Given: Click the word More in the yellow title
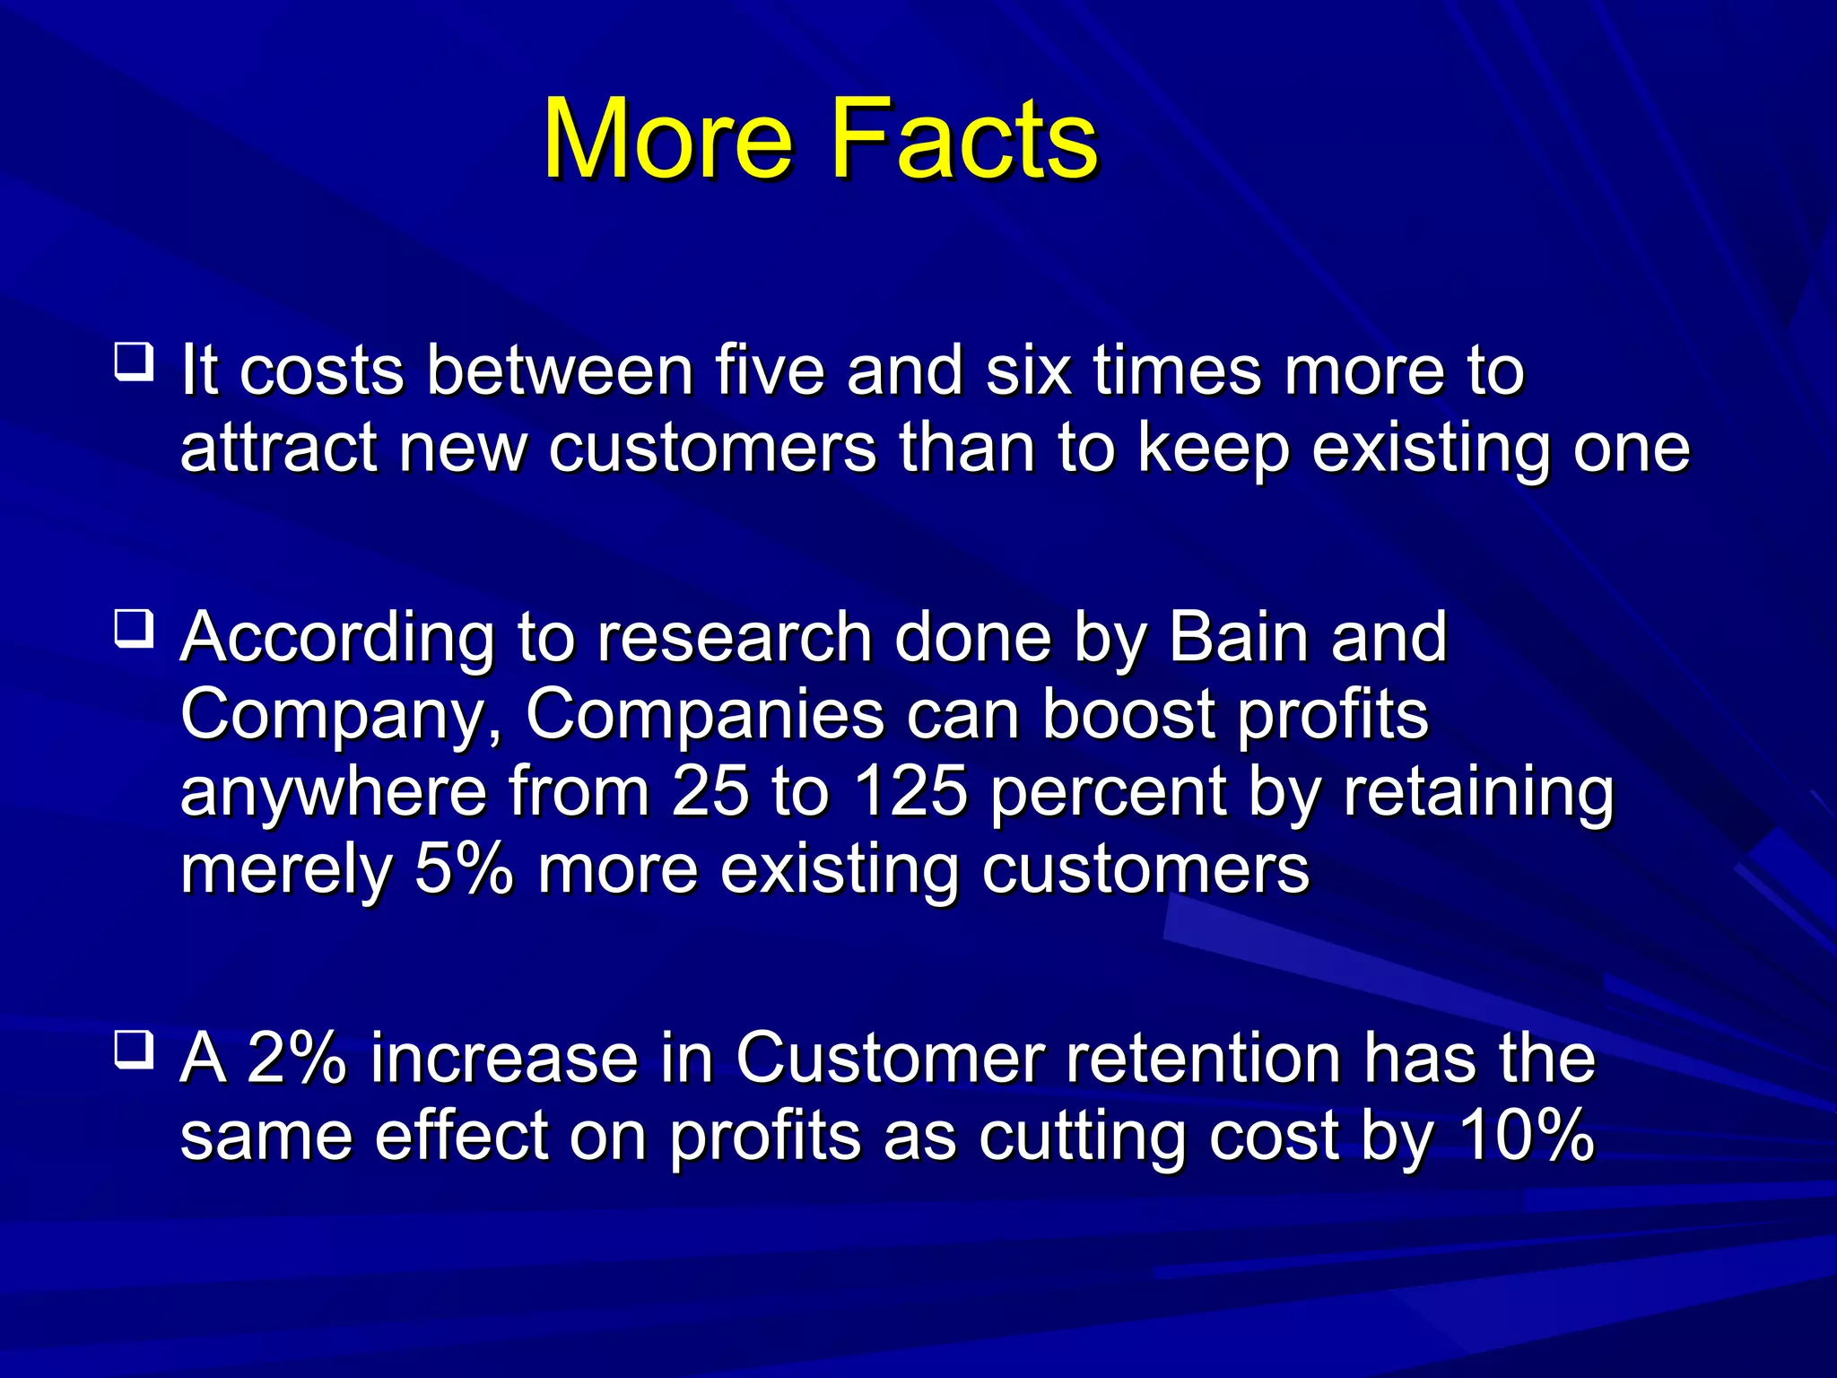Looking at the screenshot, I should pyautogui.click(x=668, y=139).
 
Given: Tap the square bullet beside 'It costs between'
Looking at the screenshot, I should pyautogui.click(x=134, y=362).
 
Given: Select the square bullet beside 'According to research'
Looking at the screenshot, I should pyautogui.click(x=134, y=629).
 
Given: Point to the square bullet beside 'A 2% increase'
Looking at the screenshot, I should pyautogui.click(x=134, y=1049).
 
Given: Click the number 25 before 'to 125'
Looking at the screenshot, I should pyautogui.click(x=710, y=792).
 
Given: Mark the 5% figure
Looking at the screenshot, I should pyautogui.click(x=464, y=869).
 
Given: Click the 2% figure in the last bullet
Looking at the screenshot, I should pyautogui.click(x=296, y=1058).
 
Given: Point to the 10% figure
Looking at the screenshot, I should pyautogui.click(x=1526, y=1136).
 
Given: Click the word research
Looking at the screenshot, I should pyautogui.click(x=735, y=637).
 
